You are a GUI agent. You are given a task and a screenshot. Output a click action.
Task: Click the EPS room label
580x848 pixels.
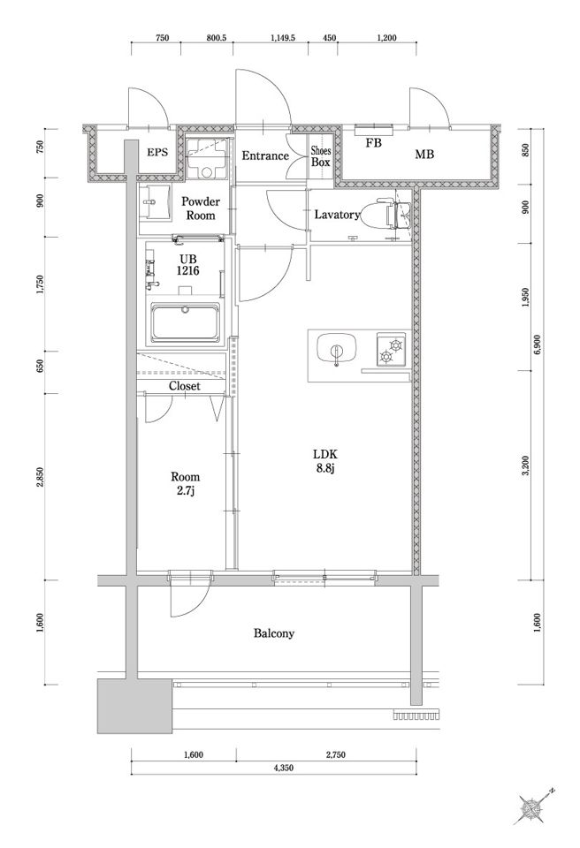pos(157,153)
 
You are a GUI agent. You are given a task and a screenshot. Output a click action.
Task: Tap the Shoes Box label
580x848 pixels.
pos(321,156)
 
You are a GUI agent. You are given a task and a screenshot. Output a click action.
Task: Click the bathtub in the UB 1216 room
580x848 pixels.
pos(186,323)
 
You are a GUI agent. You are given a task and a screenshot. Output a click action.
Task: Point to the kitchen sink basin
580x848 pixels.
pos(336,350)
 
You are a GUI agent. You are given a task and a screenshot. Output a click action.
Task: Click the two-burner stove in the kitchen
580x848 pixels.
pos(391,350)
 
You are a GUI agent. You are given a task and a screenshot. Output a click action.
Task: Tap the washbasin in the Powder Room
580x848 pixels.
pos(154,203)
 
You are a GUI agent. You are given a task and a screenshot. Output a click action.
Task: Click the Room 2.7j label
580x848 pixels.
pos(185,483)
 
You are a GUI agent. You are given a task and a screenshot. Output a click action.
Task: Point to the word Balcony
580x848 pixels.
pos(274,633)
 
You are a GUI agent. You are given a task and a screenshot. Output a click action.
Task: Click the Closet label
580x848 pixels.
pos(184,386)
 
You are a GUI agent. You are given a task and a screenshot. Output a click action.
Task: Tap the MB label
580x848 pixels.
pos(424,154)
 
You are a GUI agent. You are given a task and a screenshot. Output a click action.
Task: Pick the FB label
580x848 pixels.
pos(374,143)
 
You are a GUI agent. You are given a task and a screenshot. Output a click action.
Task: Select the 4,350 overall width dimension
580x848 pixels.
pos(283,768)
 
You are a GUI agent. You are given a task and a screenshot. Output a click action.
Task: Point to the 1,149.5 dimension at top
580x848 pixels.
pos(282,38)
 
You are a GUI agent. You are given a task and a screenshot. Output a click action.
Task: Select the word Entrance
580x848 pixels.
pos(265,155)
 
